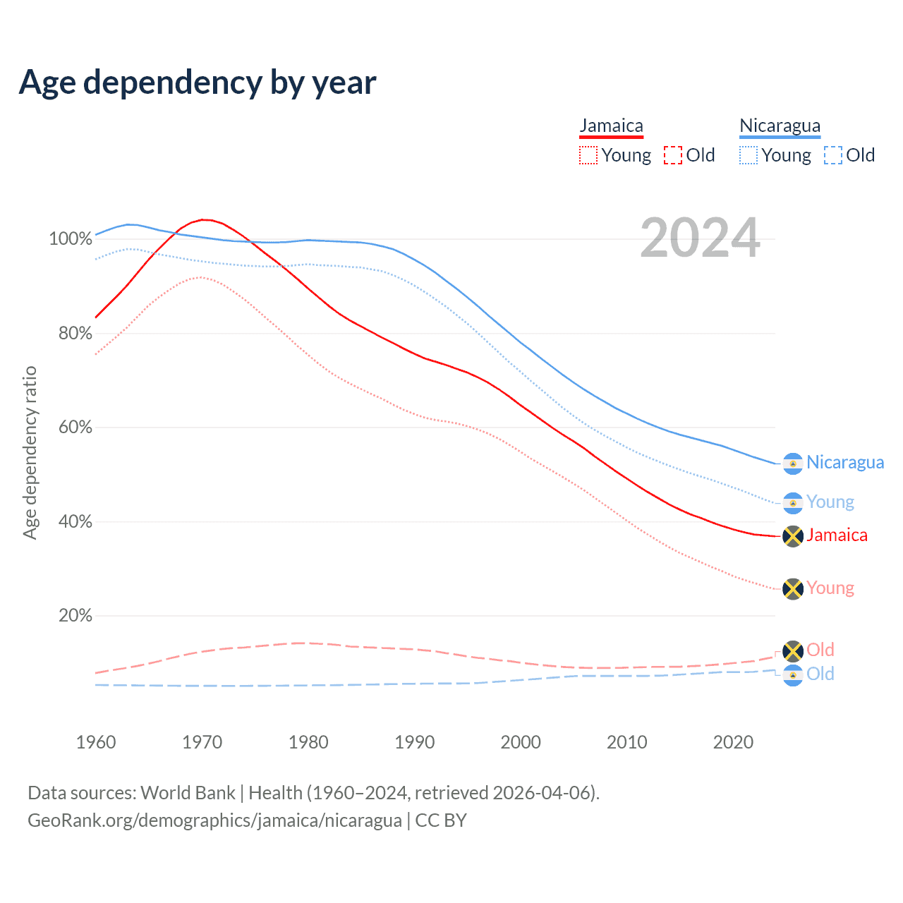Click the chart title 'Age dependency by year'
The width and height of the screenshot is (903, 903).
click(x=198, y=82)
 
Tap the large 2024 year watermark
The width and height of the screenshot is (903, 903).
click(x=700, y=238)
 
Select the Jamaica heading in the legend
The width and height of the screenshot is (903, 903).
click(x=611, y=126)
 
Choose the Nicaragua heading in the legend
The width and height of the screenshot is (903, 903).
click(x=780, y=126)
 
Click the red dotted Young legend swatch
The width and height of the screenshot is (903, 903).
click(x=588, y=155)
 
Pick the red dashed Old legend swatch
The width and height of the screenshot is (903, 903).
click(x=673, y=155)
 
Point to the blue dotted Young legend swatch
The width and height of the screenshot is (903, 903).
click(x=748, y=155)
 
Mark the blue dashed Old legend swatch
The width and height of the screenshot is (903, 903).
click(x=833, y=155)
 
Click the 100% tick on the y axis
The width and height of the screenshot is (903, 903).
click(x=71, y=239)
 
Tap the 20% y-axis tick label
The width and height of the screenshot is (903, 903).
click(x=75, y=616)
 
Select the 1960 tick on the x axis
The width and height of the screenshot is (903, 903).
click(x=96, y=742)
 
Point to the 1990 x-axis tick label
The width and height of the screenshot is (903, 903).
click(x=415, y=742)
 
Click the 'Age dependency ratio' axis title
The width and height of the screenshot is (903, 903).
click(x=30, y=452)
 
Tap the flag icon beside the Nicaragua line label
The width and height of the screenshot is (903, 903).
click(x=793, y=463)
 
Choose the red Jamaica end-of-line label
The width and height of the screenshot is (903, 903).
click(x=837, y=535)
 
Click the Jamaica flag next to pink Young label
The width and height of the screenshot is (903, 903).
click(x=793, y=589)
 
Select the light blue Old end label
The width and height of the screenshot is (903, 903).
click(x=820, y=674)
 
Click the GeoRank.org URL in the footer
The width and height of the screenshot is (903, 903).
click(x=214, y=820)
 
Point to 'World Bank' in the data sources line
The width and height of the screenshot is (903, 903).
click(x=188, y=793)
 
